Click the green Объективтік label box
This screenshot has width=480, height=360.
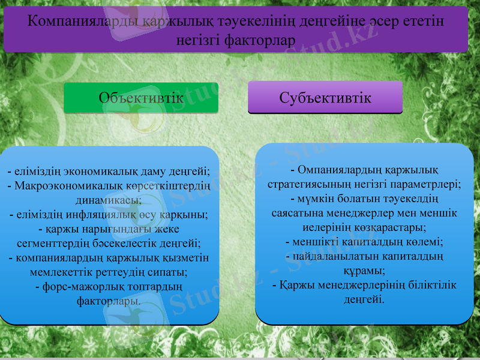(x=140, y=98)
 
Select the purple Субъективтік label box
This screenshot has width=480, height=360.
(x=325, y=97)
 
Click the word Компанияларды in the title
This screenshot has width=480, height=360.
(x=85, y=22)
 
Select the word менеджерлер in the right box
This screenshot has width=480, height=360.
(x=358, y=214)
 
